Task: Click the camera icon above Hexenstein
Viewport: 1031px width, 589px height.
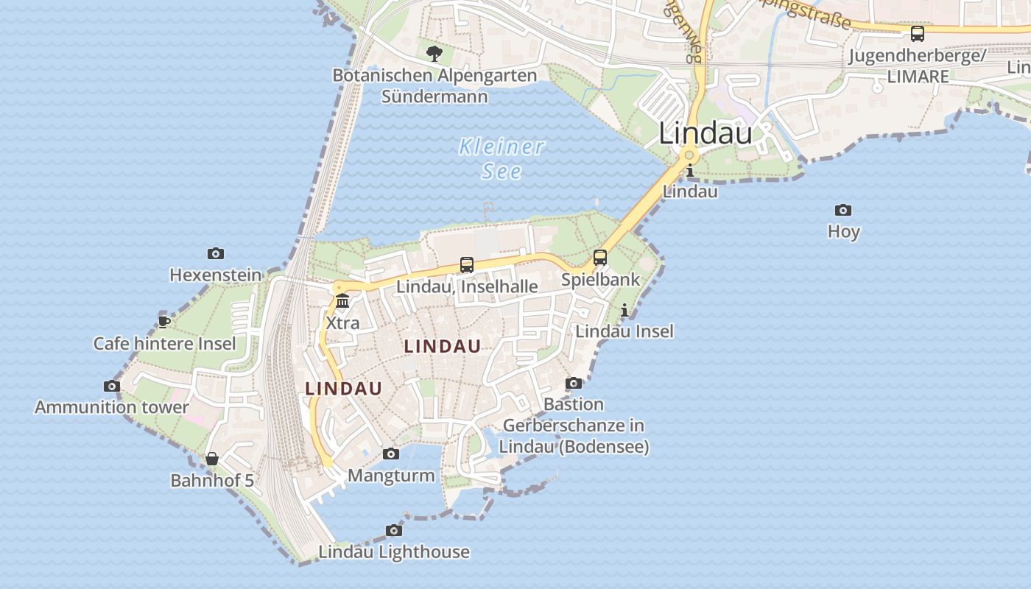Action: point(216,254)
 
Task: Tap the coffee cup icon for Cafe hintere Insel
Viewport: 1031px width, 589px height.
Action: point(164,322)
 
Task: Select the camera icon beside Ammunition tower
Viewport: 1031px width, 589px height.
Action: point(112,386)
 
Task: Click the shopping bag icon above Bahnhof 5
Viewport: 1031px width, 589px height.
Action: point(212,459)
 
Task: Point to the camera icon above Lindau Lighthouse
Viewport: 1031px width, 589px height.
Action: point(394,531)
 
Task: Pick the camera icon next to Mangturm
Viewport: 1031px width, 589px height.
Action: point(391,454)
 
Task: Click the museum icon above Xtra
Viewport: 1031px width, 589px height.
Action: point(342,301)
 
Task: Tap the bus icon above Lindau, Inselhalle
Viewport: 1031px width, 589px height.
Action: point(467,265)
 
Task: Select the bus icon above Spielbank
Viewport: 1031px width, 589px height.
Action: point(600,258)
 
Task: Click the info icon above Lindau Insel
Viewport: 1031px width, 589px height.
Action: point(624,310)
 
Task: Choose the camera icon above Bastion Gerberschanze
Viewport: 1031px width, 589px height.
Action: point(574,384)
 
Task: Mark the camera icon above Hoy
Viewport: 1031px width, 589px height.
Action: point(843,211)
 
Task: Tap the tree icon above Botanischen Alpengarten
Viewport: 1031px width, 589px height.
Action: point(434,53)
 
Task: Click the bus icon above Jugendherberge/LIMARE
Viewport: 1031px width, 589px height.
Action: point(918,34)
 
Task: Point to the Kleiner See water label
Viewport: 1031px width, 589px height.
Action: point(502,158)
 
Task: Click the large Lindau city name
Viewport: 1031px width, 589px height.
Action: point(705,133)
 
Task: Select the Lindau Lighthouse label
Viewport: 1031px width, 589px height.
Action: point(394,552)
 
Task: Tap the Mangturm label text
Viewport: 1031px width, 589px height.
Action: point(391,476)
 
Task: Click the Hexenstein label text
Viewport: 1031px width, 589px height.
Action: point(216,275)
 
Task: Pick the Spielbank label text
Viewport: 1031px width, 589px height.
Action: point(601,280)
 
